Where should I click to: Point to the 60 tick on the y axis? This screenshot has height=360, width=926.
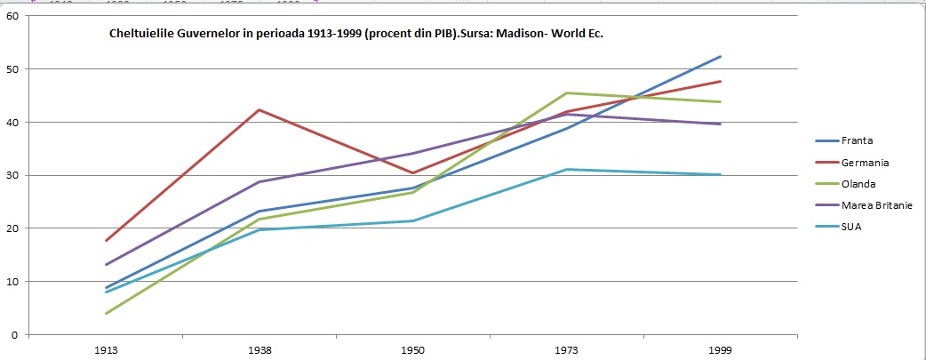click(12, 16)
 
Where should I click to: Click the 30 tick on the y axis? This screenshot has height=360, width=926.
click(12, 175)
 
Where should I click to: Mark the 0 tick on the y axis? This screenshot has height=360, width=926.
click(15, 335)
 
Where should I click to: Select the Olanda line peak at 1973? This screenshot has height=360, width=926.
click(567, 92)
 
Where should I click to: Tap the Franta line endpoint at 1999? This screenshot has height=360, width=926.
click(721, 56)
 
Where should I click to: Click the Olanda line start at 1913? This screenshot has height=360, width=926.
click(106, 313)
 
